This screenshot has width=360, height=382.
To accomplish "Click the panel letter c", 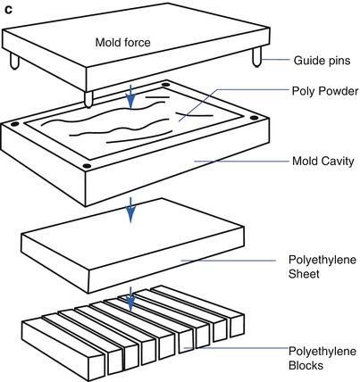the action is coord(8,10).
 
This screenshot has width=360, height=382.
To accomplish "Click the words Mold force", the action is coord(122,42).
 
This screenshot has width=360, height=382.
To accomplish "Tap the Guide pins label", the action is coord(322,61).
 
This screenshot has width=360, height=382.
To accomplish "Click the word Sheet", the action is coord(304,274).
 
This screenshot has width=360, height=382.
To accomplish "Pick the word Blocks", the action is coord(306,365).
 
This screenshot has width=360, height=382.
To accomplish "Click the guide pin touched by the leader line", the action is coord(257,57).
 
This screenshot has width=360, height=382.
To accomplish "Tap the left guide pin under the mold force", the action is coord(14,61).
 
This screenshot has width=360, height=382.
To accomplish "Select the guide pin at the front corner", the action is coord(88,99).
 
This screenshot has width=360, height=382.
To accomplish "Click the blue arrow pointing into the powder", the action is coord(130,97).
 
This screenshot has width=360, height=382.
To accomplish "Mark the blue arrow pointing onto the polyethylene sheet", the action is coord(130,210).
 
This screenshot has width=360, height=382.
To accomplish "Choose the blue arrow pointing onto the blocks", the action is coord(130,299).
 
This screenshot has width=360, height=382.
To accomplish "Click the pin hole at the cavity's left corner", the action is coord(14,124).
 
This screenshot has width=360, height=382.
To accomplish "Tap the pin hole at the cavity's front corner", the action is coord(87,166).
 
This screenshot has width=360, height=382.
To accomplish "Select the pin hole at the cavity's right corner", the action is coord(254,118).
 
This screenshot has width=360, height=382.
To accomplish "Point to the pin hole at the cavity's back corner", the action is coord(165,85).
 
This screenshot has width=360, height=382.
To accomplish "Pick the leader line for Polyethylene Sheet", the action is coord(229,261).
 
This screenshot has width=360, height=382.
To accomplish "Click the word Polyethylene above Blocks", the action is coord(322,352).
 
